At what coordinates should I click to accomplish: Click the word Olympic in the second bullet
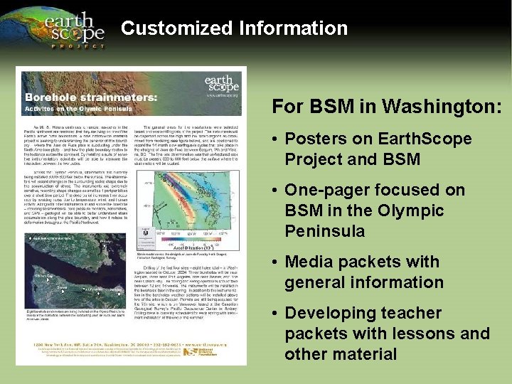point(428,211)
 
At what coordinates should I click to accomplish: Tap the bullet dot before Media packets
point(274,262)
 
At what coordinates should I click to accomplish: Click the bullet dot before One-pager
point(274,191)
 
